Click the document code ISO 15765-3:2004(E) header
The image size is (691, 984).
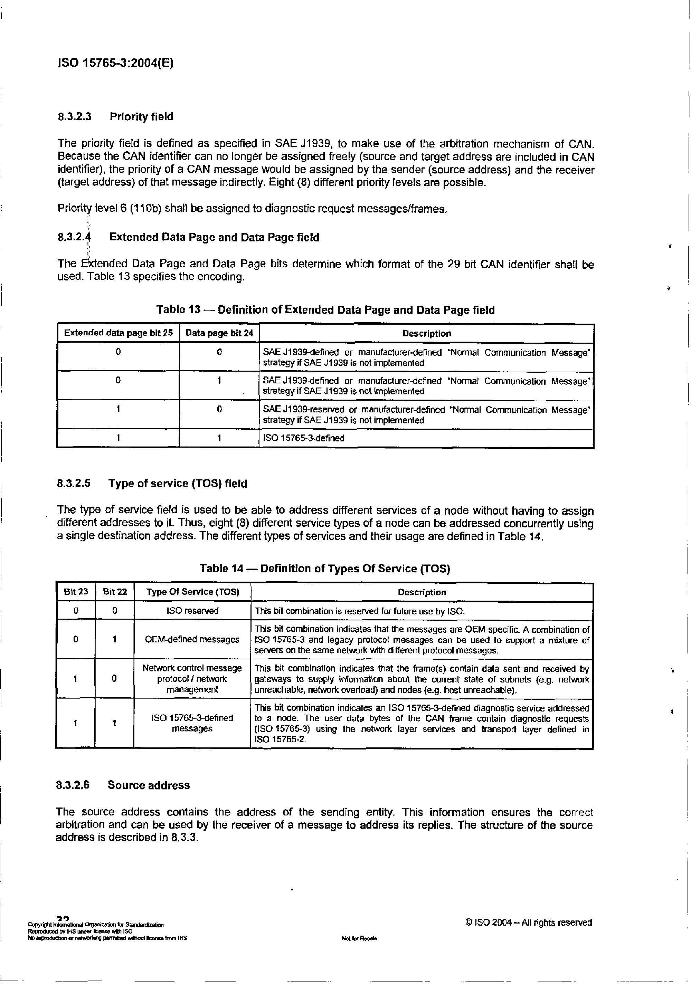115,64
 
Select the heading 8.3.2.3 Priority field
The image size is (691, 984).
116,117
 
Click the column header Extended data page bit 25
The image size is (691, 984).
118,333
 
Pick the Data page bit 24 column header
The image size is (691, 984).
219,333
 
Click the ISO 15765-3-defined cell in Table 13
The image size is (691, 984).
303,438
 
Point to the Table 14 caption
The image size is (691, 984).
324,569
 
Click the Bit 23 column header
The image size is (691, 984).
76,592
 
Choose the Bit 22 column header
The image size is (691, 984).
115,592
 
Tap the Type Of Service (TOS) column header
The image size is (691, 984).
192,592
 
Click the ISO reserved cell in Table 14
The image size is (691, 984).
192,611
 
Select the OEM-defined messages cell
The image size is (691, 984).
192,639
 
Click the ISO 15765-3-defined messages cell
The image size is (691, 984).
192,723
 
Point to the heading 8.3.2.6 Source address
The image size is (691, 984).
123,785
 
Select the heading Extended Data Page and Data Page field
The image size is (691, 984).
214,237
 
